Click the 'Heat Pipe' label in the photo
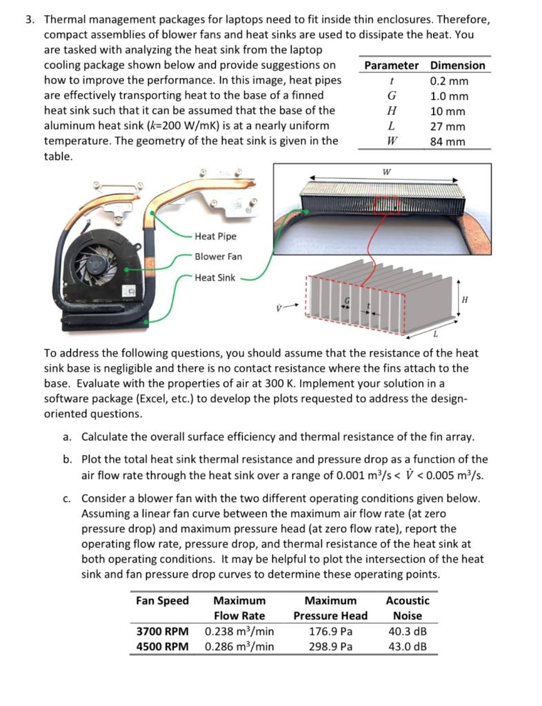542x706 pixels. coord(215,236)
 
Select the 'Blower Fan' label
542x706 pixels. coord(218,256)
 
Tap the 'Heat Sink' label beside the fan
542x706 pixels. coord(214,278)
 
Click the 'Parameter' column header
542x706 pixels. coord(391,65)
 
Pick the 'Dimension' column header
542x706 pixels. coord(457,65)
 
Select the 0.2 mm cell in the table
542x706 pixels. coord(448,81)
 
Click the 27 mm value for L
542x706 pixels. coord(448,126)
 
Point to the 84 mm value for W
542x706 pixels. coord(448,141)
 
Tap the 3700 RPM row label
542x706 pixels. coord(162,631)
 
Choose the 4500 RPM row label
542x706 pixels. coord(162,646)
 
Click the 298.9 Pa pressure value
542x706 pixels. coord(330,646)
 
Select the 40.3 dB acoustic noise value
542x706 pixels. coord(407,631)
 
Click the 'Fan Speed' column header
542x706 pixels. coord(162,601)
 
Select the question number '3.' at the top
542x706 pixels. coord(30,19)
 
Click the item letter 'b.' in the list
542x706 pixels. coord(67,459)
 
